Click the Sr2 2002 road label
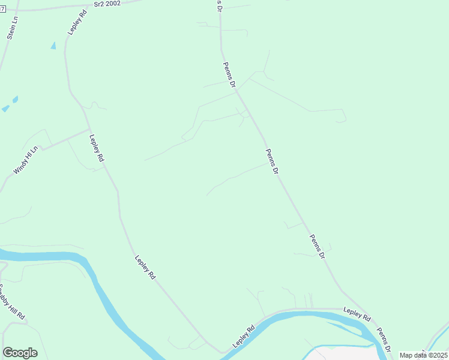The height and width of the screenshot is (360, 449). tap(107, 4)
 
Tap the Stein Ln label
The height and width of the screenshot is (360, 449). tap(13, 28)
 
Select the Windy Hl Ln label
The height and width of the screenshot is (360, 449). tap(25, 160)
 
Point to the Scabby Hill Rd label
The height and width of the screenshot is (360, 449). tap(13, 301)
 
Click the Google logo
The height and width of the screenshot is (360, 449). tap(20, 353)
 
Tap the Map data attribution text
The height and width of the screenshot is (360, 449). tap(424, 355)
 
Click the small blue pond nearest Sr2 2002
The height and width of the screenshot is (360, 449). tap(53, 46)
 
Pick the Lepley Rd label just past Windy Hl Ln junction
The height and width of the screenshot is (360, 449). tap(97, 148)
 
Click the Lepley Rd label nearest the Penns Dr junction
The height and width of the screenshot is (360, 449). tap(357, 314)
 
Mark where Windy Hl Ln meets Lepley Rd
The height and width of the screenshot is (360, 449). tap(89, 130)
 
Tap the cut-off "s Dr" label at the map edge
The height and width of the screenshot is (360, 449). tap(219, 5)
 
